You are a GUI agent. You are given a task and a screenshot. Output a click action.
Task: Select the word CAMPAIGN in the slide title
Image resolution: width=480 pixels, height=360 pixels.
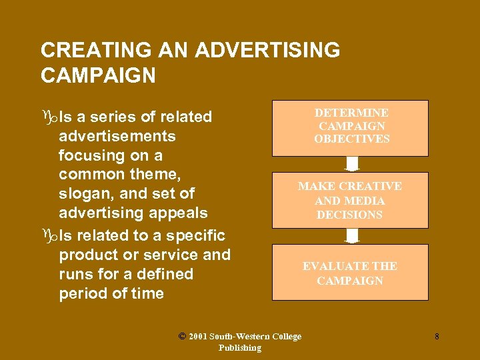pyautogui.click(x=98, y=75)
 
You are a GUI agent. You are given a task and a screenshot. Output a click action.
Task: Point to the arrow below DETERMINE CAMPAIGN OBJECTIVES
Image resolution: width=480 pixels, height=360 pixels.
pyautogui.click(x=352, y=164)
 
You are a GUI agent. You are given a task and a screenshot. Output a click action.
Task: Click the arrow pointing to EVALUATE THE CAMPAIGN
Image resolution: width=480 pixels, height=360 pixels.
pyautogui.click(x=352, y=236)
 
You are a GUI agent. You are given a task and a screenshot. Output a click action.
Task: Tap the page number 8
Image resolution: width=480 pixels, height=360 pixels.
pyautogui.click(x=437, y=337)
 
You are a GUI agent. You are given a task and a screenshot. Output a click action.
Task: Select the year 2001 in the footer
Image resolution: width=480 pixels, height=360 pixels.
pyautogui.click(x=198, y=337)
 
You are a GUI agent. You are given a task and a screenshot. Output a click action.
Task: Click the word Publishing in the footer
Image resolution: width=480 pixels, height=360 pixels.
pyautogui.click(x=240, y=348)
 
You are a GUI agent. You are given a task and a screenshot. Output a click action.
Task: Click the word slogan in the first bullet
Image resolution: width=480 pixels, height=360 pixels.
pyautogui.click(x=85, y=193)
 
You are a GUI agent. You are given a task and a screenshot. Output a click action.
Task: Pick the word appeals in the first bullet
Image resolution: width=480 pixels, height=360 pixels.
pyautogui.click(x=180, y=213)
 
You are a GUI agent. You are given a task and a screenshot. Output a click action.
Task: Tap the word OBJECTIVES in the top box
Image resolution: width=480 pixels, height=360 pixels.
pyautogui.click(x=352, y=139)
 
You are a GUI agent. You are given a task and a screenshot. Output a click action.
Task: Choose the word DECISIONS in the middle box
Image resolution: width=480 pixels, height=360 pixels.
pyautogui.click(x=350, y=215)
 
